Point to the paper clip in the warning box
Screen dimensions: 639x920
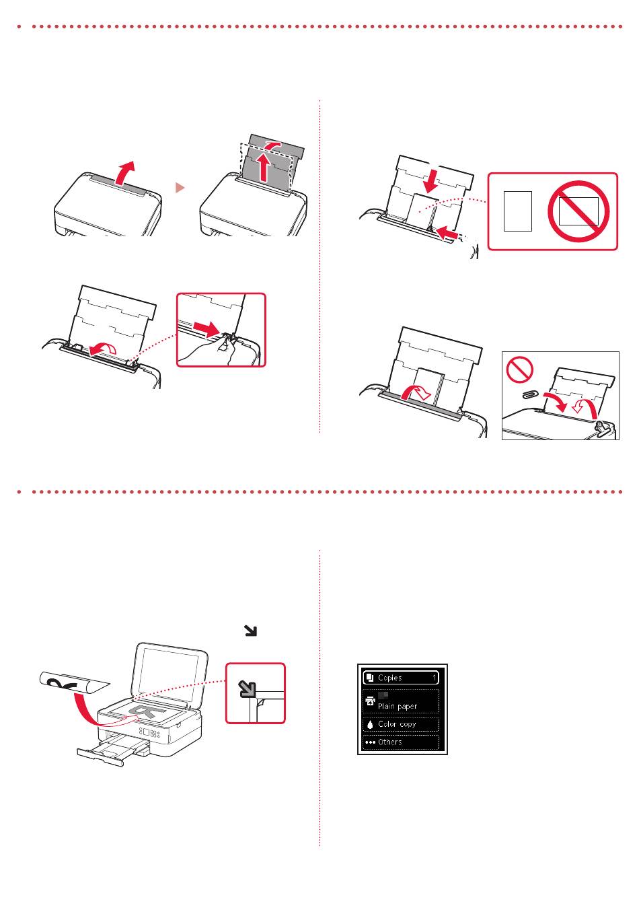530,395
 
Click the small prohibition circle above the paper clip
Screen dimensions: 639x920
519,368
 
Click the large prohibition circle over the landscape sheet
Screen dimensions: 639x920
578,211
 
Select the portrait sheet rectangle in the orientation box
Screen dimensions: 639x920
517,211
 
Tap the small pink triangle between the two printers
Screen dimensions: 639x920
180,188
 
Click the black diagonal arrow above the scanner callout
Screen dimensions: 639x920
250,631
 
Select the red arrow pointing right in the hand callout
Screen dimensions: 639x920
208,328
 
